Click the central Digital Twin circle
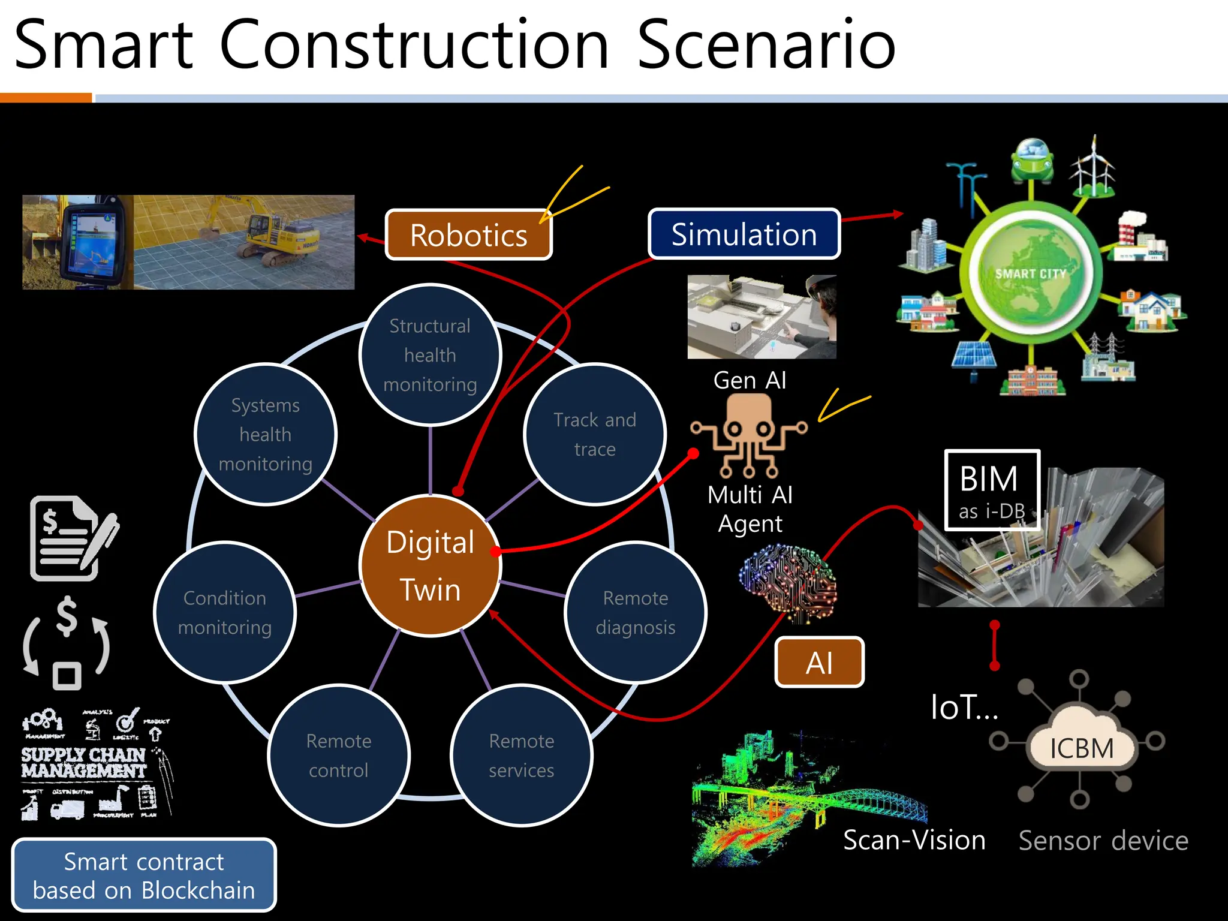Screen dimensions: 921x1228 click(x=430, y=565)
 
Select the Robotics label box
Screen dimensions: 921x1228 click(x=468, y=235)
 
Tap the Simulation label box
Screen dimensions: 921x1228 click(x=744, y=234)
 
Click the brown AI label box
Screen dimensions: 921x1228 click(x=819, y=663)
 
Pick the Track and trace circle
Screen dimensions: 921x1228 click(x=594, y=435)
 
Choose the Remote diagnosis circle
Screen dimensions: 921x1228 click(x=635, y=612)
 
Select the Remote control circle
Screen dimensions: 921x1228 click(x=339, y=756)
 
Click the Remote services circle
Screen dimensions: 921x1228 click(x=521, y=756)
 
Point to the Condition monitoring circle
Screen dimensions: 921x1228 click(x=225, y=612)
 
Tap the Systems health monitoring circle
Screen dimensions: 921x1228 click(x=265, y=435)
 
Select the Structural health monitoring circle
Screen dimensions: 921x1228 click(x=430, y=355)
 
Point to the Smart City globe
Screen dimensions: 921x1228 click(x=1031, y=274)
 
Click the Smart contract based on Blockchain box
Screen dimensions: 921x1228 click(x=144, y=875)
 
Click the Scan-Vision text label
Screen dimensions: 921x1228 click(x=914, y=840)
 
